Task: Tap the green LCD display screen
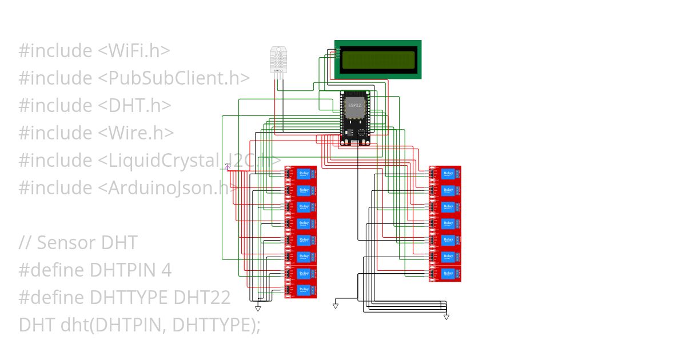click(x=378, y=59)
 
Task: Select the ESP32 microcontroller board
click(x=355, y=117)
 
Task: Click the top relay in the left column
click(x=301, y=173)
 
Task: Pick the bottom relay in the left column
click(x=301, y=291)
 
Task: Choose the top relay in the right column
click(x=445, y=173)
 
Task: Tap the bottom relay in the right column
click(x=445, y=274)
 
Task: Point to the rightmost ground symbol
click(x=446, y=316)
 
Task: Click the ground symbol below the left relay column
click(x=258, y=309)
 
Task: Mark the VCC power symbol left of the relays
click(x=228, y=166)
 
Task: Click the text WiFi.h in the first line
click(x=134, y=51)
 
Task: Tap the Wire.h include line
click(x=96, y=133)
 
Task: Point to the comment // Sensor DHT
click(x=78, y=243)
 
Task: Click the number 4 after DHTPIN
click(x=166, y=270)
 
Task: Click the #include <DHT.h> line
click(x=95, y=106)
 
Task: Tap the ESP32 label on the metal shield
click(x=354, y=106)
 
